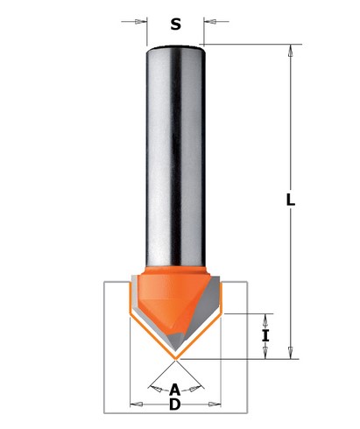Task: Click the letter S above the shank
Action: click(175, 24)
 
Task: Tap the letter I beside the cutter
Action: click(265, 334)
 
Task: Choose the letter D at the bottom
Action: click(174, 404)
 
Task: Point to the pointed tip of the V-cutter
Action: click(175, 358)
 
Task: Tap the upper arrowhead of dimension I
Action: click(265, 317)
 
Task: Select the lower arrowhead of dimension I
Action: click(265, 353)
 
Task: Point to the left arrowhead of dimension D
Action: click(134, 404)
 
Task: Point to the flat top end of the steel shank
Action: click(174, 46)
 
